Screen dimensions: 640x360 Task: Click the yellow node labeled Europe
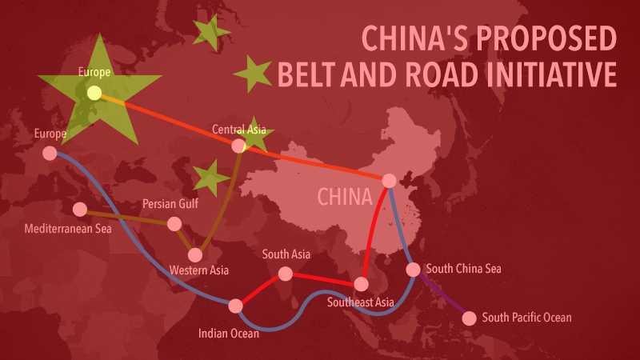coord(94,93)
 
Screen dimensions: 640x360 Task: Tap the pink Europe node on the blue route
coord(50,153)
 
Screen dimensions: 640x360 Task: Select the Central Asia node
coord(238,146)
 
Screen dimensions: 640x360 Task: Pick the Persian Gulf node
coord(174,224)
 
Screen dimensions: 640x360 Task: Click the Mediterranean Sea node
coord(79,210)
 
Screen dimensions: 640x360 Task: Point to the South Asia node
coord(286,274)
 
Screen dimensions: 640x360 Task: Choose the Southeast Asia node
coord(361,284)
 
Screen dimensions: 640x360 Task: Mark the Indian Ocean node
coord(235,306)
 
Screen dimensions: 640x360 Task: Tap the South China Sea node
coord(414,270)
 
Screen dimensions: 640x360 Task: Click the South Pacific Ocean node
coord(469,318)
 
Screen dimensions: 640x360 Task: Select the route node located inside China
coord(389,180)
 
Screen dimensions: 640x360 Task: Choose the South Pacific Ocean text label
coord(527,318)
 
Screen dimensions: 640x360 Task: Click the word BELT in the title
coord(303,74)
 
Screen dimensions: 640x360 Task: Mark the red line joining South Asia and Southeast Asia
coord(323,279)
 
